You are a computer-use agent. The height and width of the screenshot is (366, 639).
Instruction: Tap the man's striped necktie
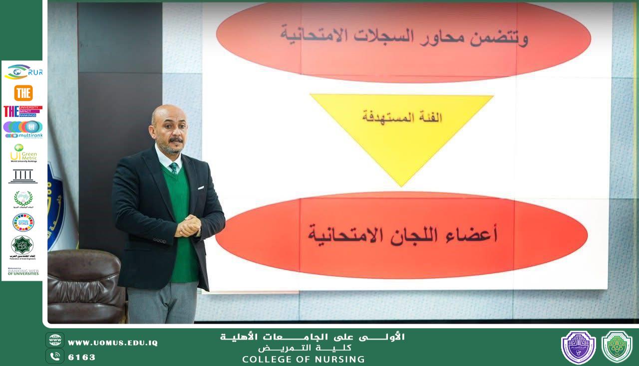(x=174, y=168)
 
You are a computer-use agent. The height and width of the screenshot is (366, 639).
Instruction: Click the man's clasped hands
(x=188, y=225)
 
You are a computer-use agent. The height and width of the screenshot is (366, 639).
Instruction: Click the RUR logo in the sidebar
(x=23, y=72)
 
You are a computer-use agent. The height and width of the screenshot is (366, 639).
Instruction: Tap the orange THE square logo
(x=23, y=93)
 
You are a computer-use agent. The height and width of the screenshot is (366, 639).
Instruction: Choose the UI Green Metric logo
(x=23, y=153)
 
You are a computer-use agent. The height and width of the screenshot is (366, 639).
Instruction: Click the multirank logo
(x=23, y=129)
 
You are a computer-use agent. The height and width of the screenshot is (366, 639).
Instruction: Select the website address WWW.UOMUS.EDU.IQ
(x=112, y=343)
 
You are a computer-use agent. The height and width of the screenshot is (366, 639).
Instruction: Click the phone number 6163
(x=81, y=357)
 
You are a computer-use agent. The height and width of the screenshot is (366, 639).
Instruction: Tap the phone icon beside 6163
(x=55, y=356)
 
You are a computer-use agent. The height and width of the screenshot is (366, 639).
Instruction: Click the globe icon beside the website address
(x=55, y=340)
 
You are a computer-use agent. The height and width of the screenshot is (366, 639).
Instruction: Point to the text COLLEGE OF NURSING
(x=303, y=360)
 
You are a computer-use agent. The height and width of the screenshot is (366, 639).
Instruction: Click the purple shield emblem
(x=578, y=347)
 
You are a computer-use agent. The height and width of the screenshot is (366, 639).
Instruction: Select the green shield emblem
(x=617, y=347)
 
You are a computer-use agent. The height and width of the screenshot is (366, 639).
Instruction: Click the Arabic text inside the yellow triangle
(x=402, y=118)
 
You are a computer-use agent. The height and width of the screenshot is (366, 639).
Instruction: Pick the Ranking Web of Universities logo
(x=23, y=272)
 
